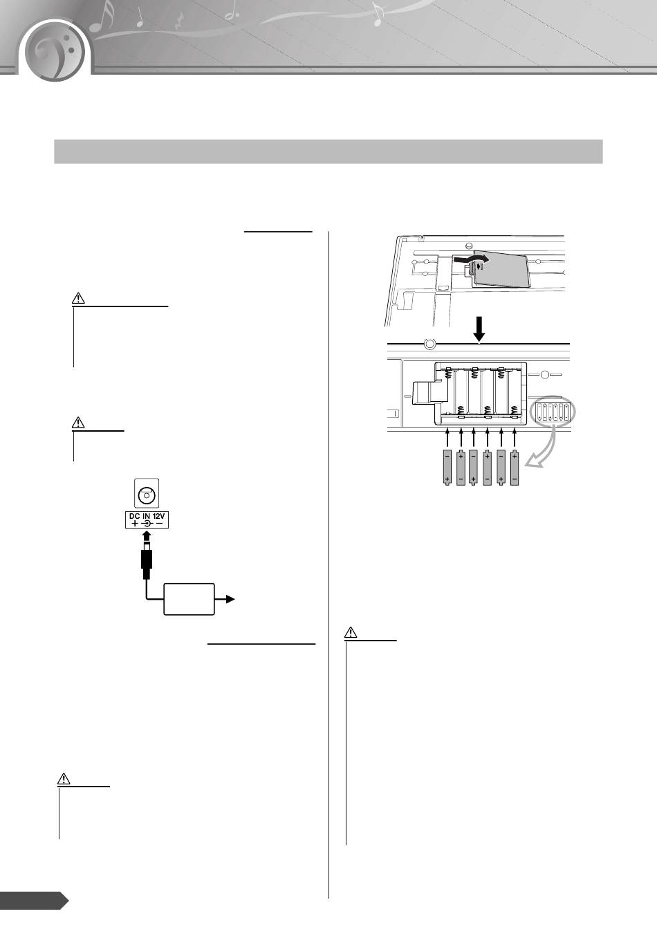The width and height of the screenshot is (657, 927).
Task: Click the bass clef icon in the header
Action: pyautogui.click(x=54, y=52)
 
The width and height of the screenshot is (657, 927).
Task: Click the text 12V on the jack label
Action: pyautogui.click(x=158, y=517)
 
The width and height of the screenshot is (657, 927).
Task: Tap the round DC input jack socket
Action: pyautogui.click(x=147, y=495)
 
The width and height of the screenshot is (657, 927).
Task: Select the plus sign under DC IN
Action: pyautogui.click(x=135, y=524)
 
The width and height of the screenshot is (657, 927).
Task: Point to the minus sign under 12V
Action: pyautogui.click(x=159, y=524)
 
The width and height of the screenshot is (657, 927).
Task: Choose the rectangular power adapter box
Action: pyautogui.click(x=189, y=599)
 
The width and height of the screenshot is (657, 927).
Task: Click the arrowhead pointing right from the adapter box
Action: pyautogui.click(x=230, y=599)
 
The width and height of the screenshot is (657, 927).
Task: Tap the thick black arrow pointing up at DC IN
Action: pyautogui.click(x=147, y=540)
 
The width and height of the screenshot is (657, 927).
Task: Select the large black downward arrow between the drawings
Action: pyautogui.click(x=479, y=329)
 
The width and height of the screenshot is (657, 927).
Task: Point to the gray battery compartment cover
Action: pyautogui.click(x=501, y=269)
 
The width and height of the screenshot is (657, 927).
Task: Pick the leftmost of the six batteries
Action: pyautogui.click(x=447, y=467)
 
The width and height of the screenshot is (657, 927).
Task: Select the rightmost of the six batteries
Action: pyautogui.click(x=515, y=467)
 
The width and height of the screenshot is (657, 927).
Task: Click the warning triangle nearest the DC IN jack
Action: pyautogui.click(x=78, y=423)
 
